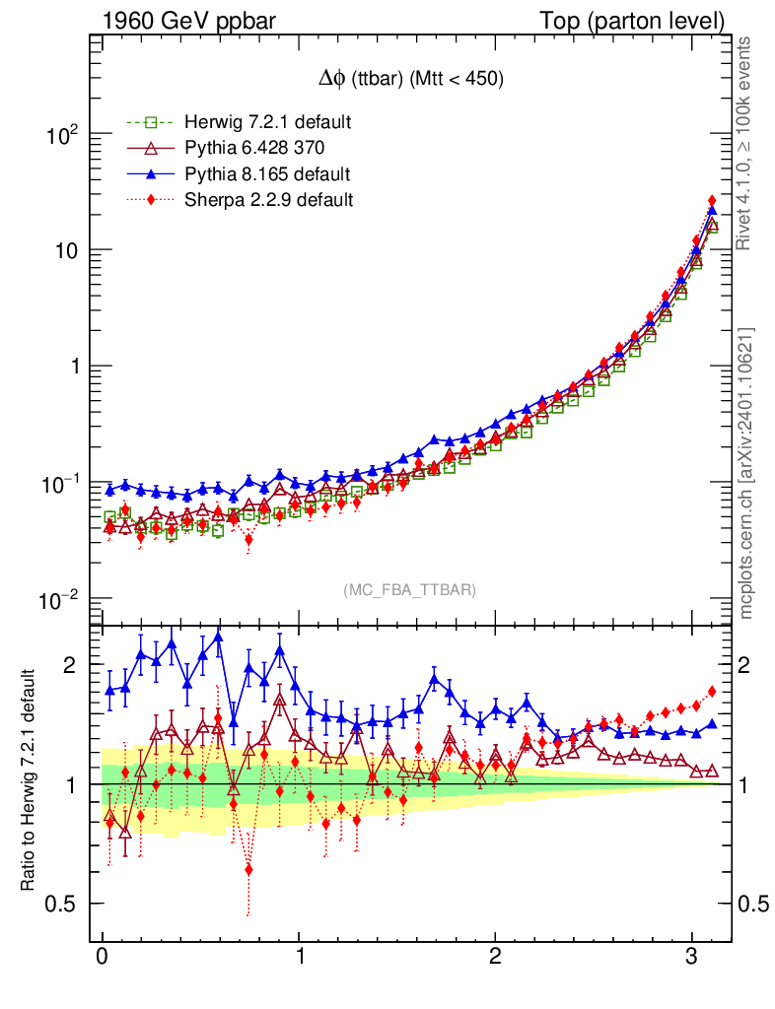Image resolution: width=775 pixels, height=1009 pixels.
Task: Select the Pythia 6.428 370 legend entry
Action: pyautogui.click(x=254, y=148)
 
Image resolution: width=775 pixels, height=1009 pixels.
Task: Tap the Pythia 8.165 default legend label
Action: pyautogui.click(x=266, y=174)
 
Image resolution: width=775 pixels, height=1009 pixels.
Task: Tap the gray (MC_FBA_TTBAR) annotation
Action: pyautogui.click(x=410, y=589)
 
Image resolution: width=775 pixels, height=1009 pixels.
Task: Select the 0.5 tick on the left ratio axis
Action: pyautogui.click(x=64, y=904)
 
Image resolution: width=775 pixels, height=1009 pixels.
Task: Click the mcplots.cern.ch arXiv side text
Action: pyautogui.click(x=746, y=473)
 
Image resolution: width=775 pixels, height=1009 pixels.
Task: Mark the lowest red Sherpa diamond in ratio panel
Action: pyautogui.click(x=248, y=869)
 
